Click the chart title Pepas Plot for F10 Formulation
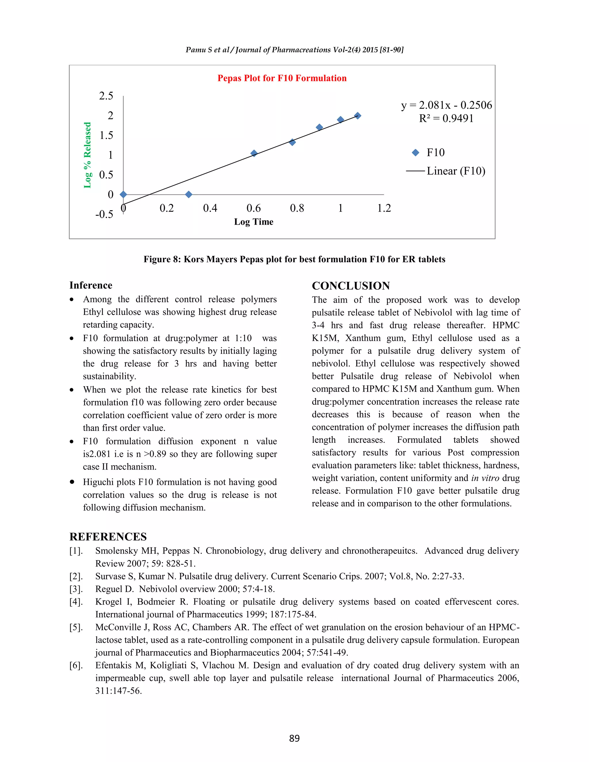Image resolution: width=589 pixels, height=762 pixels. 282,78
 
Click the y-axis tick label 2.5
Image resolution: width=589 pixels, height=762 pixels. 106,95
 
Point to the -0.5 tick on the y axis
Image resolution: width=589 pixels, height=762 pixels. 104,214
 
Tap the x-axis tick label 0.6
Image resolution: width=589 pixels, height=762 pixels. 253,208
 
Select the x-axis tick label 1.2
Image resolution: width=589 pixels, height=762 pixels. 384,208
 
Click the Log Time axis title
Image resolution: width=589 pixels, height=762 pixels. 254,222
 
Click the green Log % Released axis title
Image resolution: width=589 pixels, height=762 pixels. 87,155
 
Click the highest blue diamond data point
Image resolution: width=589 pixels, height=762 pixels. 357,116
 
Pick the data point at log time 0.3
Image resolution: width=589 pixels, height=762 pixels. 188,194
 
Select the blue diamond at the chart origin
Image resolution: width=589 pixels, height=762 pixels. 123,194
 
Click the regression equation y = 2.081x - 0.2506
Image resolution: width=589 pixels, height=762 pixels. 446,105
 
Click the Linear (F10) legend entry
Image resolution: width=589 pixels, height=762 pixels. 456,171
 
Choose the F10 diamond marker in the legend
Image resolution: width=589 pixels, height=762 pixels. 416,152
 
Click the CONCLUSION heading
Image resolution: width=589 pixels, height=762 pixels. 351,286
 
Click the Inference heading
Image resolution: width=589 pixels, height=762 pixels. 91,286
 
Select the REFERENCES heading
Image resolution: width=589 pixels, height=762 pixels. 108,537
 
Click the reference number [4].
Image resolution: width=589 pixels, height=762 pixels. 76,602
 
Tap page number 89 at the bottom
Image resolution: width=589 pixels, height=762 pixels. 294,738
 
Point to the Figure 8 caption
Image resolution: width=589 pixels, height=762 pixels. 294,259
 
